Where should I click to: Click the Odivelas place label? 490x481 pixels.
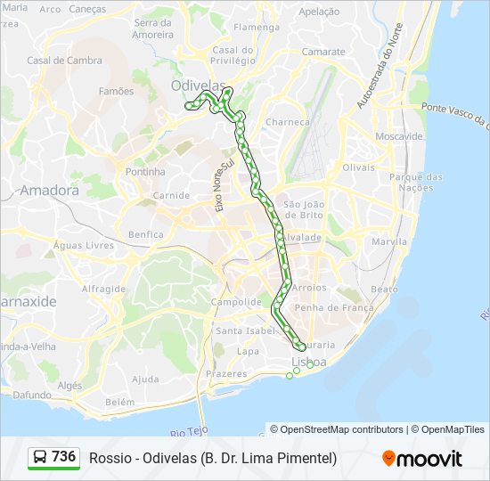click(x=194, y=86)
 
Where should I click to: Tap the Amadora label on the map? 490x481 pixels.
click(x=49, y=190)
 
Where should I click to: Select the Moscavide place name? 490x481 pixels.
click(x=399, y=136)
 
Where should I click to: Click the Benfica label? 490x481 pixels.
click(x=146, y=235)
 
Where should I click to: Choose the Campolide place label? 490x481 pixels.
click(x=235, y=302)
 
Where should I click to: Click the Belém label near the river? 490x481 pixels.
click(x=118, y=402)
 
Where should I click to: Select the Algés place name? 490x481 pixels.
click(x=69, y=386)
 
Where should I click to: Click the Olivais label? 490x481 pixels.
click(x=359, y=167)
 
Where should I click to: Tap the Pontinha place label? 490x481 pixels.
click(x=145, y=171)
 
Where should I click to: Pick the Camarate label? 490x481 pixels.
click(x=323, y=52)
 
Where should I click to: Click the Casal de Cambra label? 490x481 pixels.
click(x=64, y=61)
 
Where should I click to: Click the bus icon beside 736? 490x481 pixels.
click(x=40, y=458)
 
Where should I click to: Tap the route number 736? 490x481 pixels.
click(x=64, y=457)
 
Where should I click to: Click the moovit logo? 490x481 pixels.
click(x=422, y=458)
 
